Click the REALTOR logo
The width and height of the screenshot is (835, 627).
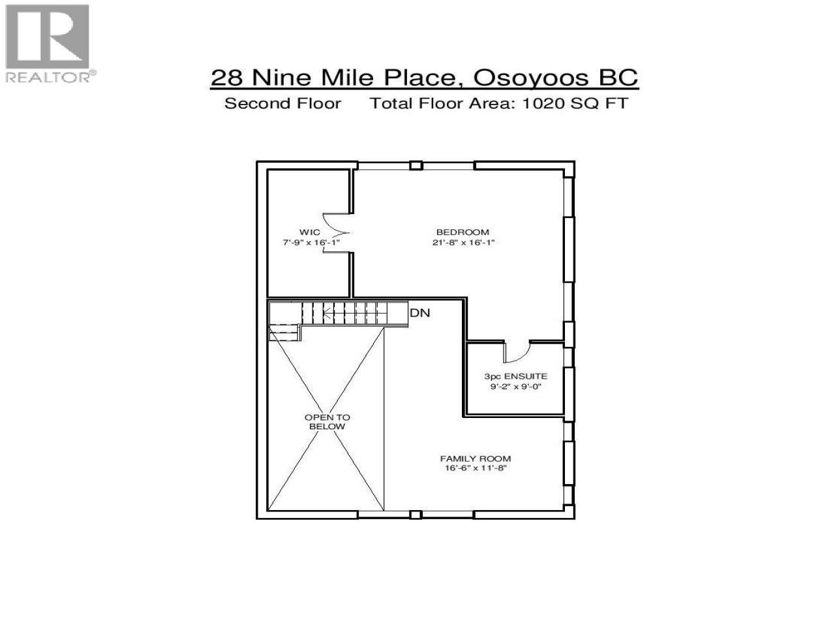coord(50,43)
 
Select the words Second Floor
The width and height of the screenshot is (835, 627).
coord(282,104)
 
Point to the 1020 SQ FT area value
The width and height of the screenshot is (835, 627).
coord(575,104)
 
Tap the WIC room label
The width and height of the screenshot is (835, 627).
coord(309,232)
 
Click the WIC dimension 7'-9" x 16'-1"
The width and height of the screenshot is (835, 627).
coord(311,242)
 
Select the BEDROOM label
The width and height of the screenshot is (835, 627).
coord(463,232)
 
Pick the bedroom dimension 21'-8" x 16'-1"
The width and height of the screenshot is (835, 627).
coord(463,242)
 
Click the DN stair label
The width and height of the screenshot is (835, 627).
coord(419,313)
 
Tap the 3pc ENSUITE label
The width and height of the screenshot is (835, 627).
coord(515,376)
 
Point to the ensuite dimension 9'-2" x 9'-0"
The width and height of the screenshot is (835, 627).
coord(515,387)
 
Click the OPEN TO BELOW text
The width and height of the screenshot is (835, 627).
coord(327,422)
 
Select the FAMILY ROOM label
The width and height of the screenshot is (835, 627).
coord(476,458)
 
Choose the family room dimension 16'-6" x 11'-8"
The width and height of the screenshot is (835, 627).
coord(476,468)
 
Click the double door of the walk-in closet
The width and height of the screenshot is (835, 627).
coord(336,233)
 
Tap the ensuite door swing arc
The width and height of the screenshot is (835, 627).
coord(517,353)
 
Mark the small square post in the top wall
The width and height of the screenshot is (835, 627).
coord(416,166)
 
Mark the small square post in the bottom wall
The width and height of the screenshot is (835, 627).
coord(416,515)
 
